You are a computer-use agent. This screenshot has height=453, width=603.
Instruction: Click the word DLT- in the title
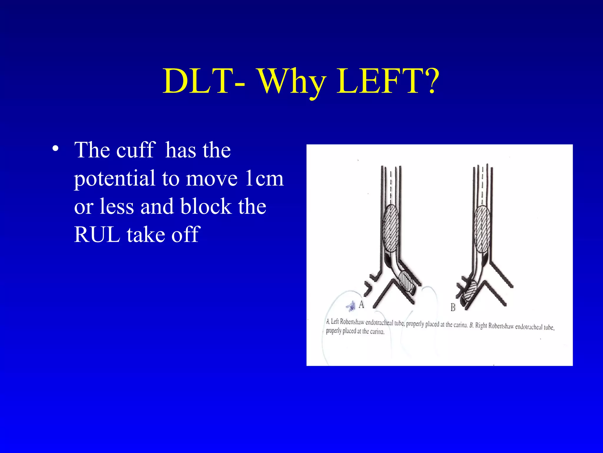[203, 81]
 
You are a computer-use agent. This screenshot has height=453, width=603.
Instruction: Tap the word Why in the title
[291, 83]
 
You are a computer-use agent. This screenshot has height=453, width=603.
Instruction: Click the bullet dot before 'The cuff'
[55, 148]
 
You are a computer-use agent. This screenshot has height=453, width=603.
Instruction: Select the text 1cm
[264, 178]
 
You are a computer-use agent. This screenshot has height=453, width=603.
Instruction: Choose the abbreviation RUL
[97, 235]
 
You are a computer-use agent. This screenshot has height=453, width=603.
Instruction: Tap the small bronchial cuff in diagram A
[407, 282]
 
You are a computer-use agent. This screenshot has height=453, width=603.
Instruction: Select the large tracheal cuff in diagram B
[482, 229]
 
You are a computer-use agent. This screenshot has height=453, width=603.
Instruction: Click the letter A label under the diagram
[361, 304]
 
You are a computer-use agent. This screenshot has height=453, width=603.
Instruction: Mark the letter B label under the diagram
[453, 308]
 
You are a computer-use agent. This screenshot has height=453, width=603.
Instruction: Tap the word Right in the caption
[481, 326]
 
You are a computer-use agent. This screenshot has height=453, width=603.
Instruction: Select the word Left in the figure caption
[335, 321]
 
